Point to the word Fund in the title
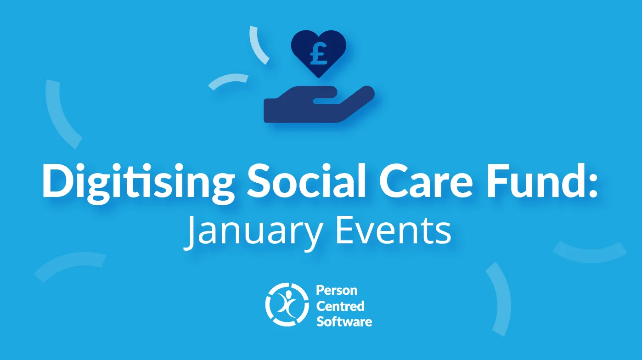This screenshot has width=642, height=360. (x=535, y=180)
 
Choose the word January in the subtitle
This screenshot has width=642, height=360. (x=252, y=233)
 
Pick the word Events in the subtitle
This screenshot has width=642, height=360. (x=393, y=231)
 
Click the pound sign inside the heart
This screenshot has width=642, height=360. (x=319, y=54)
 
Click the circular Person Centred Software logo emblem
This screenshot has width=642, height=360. (x=287, y=305)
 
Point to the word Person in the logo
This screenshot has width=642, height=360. (x=337, y=291)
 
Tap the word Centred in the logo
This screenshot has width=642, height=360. (x=340, y=306)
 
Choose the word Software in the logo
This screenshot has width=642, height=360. (x=344, y=321)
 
